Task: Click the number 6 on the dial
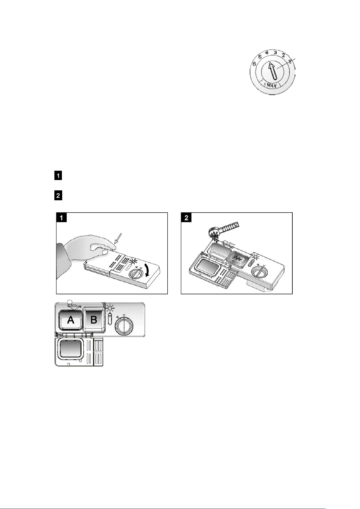[x=255, y=64]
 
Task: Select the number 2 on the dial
[x=283, y=55]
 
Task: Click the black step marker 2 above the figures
[x=58, y=195]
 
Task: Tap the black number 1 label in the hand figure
[x=62, y=218]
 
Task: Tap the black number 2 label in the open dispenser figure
[x=186, y=218]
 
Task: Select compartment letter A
[x=70, y=320]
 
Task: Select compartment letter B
[x=94, y=320]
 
